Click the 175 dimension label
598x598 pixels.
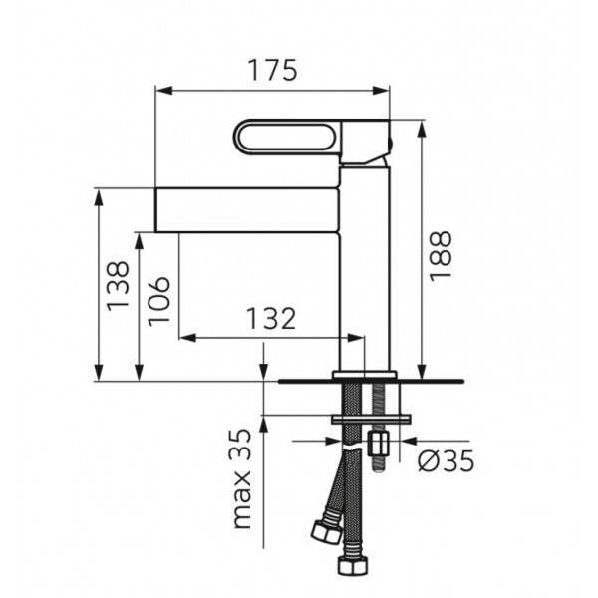coord(272,70)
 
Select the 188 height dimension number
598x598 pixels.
coord(441,256)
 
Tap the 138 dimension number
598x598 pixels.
coord(118,286)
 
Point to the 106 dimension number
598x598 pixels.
coord(158,301)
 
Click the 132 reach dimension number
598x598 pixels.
coord(271,318)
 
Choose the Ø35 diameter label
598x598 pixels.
coord(446,460)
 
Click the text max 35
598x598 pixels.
coord(242,479)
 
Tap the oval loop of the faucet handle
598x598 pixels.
coord(286,137)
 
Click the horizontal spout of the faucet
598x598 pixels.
coord(247,209)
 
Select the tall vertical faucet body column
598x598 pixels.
coord(365,267)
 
